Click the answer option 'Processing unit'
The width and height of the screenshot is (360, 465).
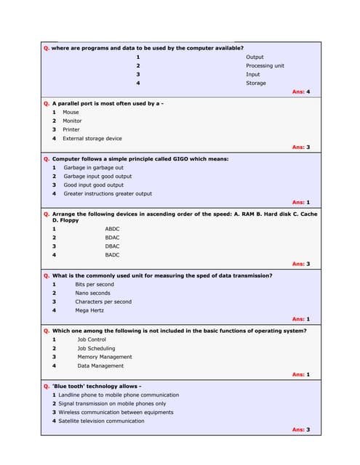pos(265,65)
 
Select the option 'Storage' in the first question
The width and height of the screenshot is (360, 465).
pos(256,83)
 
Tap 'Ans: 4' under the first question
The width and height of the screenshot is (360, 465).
pos(301,92)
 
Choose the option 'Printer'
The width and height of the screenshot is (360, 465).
pos(71,129)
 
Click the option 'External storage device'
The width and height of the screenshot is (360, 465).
pos(92,138)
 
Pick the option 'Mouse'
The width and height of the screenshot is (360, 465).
pos(71,113)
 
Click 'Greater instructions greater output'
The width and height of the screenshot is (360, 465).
pos(108,193)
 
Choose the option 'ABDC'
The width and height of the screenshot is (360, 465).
pos(112,229)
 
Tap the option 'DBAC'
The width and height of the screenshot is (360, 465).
pos(112,246)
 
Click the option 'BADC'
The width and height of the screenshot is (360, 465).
pos(112,255)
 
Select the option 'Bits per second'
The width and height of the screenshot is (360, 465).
pos(95,284)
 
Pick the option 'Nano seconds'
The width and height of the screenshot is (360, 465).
pos(92,293)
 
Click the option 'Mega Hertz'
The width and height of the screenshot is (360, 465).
pos(89,310)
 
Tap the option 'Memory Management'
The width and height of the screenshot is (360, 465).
pos(105,357)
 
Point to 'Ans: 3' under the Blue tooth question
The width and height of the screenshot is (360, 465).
pos(301,429)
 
